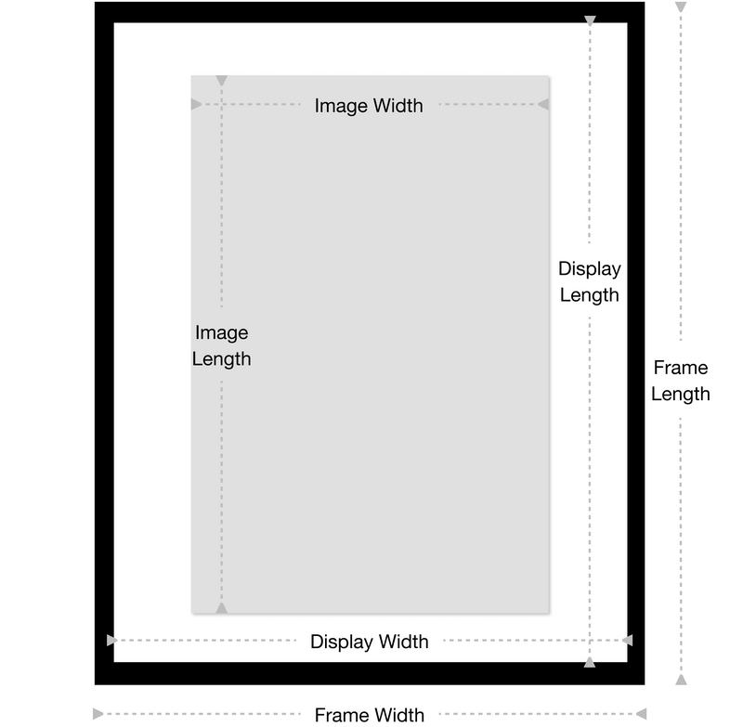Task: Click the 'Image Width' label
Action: click(x=369, y=106)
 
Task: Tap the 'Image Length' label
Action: click(x=221, y=345)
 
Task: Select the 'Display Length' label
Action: click(x=590, y=282)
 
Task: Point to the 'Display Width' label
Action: click(x=369, y=642)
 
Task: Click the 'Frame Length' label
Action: click(x=681, y=381)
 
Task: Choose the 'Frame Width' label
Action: click(x=369, y=715)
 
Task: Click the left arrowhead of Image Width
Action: click(x=196, y=104)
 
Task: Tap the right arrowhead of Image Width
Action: click(x=543, y=104)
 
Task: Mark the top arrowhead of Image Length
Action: click(x=221, y=81)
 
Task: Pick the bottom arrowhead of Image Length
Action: click(x=221, y=608)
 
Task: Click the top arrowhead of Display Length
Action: click(x=590, y=20)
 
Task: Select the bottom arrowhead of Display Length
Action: click(x=590, y=662)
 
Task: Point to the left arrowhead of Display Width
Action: click(x=111, y=641)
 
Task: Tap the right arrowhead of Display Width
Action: click(x=628, y=641)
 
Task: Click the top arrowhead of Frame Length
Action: click(x=681, y=6)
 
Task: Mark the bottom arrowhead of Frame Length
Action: click(x=681, y=680)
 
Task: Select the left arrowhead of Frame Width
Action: click(x=98, y=714)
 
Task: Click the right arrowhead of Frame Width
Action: click(x=641, y=714)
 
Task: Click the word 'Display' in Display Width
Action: click(x=342, y=642)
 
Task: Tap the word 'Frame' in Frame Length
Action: click(x=681, y=368)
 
